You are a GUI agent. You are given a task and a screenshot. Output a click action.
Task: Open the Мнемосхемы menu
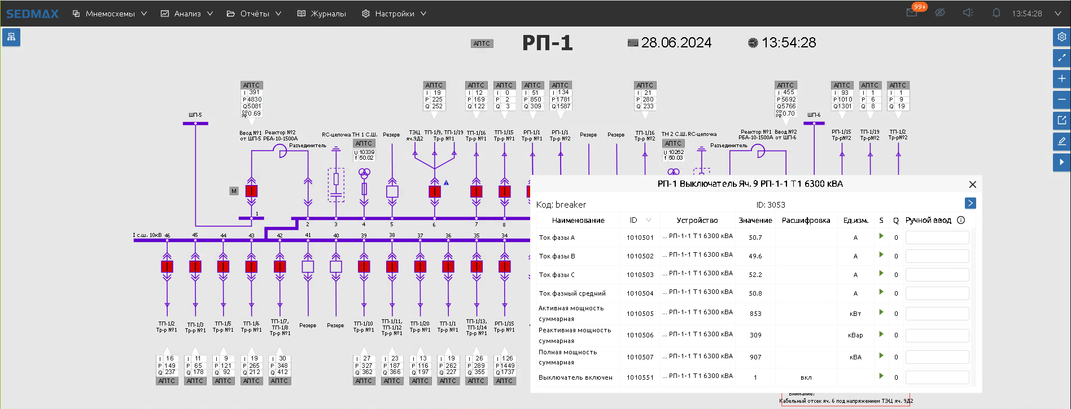[x=110, y=14]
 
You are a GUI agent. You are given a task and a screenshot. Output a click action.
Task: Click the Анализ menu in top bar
[x=187, y=14]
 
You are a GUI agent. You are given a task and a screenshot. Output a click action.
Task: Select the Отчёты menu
[x=254, y=14]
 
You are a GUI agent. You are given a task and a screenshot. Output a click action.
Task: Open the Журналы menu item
[x=322, y=14]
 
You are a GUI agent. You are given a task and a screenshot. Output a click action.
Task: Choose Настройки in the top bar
[x=394, y=14]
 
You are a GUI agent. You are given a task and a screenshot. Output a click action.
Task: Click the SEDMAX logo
[x=32, y=14]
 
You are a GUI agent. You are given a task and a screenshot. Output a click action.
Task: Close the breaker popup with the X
[x=972, y=184]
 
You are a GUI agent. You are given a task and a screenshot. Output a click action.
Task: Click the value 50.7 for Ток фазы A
[x=755, y=238]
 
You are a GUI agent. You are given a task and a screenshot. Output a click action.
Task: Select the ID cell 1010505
[x=640, y=314]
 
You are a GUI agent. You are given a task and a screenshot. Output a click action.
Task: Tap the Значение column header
[x=755, y=221]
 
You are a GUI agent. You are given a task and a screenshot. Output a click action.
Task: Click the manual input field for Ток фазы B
[x=937, y=256]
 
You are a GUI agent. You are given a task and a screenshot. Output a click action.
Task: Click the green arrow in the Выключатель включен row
[x=881, y=376]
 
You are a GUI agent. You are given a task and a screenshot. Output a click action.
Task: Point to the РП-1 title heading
[x=547, y=43]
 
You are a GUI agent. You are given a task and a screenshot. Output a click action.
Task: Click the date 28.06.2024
[x=676, y=43]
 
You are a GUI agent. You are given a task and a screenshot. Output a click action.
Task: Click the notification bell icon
[x=996, y=13]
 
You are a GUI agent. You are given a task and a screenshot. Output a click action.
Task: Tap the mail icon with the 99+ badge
[x=912, y=13]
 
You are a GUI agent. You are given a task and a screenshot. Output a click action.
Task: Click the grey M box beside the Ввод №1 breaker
[x=234, y=191]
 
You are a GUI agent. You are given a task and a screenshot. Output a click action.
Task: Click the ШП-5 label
[x=195, y=115]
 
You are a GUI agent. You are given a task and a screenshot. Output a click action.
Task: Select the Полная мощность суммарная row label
[x=567, y=357]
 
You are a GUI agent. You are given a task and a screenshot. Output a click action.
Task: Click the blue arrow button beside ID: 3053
[x=970, y=203]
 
